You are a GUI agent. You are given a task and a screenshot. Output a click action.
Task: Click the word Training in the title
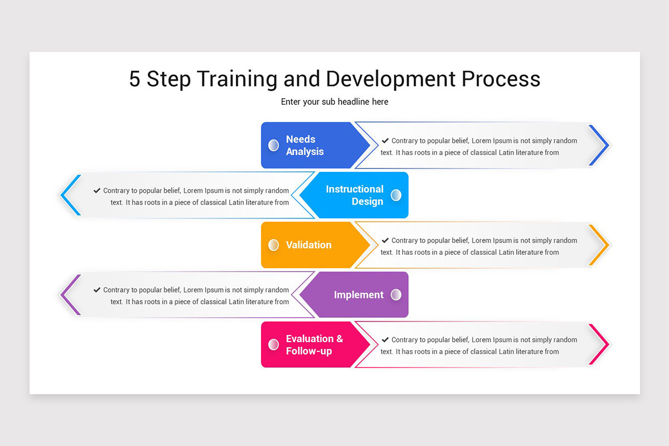[237, 79]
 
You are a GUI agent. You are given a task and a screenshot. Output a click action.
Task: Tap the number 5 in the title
[134, 79]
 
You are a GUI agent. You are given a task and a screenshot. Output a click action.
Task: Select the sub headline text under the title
[334, 102]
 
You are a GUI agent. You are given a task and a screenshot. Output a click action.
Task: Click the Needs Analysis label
[304, 146]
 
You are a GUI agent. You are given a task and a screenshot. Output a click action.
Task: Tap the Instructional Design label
[355, 195]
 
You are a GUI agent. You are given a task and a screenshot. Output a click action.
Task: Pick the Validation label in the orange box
[308, 245]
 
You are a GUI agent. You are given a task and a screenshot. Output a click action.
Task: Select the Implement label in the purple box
[358, 295]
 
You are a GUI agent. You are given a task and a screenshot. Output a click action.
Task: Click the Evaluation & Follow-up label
[314, 345]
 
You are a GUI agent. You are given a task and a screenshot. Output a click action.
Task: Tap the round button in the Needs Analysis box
[273, 146]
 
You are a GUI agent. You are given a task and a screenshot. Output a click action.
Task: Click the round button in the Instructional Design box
[396, 195]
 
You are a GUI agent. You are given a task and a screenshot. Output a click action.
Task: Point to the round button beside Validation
[273, 245]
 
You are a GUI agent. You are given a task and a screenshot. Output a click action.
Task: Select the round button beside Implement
[396, 295]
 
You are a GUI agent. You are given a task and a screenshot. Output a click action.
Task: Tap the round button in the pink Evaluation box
[273, 345]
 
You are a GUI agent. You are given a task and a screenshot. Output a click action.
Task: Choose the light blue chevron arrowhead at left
[69, 195]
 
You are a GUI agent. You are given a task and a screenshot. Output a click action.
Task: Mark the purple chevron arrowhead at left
[69, 295]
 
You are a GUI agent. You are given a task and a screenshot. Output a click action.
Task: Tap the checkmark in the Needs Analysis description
[385, 140]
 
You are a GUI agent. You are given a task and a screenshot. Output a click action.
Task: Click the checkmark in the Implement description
[97, 290]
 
